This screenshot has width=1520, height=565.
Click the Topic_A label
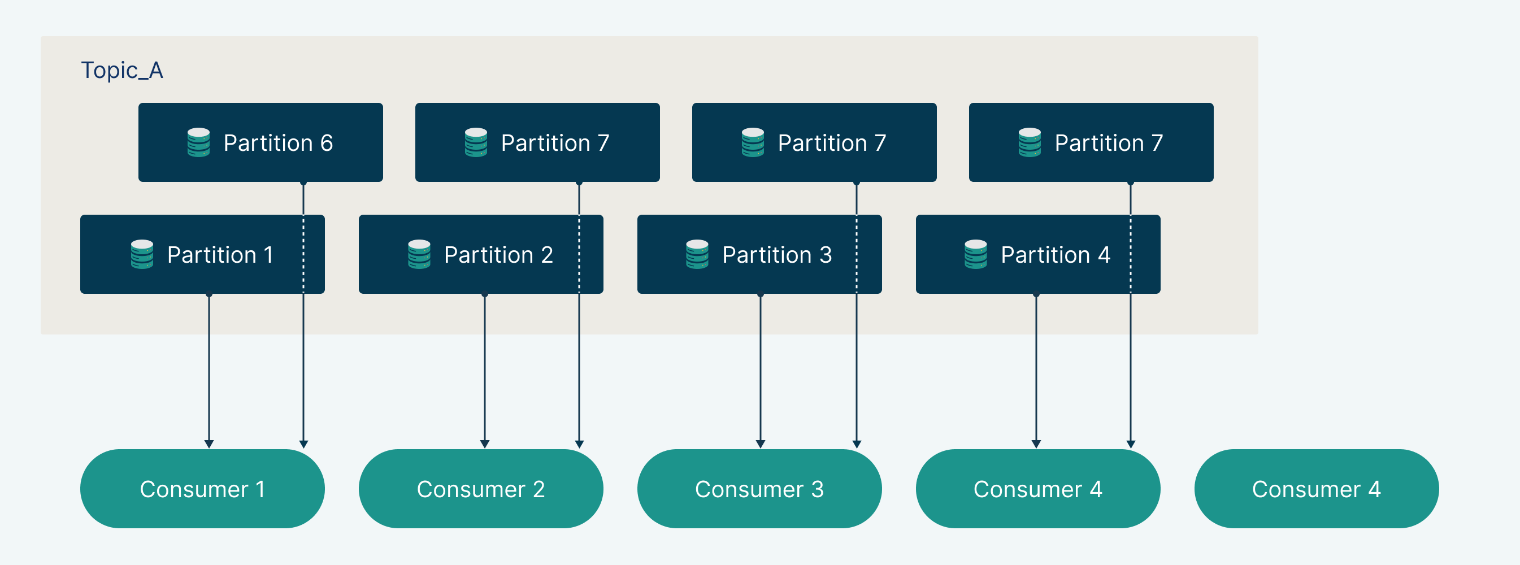[x=121, y=71]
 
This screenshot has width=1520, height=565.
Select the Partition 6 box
[x=260, y=142]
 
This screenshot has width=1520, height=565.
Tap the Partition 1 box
[x=202, y=254]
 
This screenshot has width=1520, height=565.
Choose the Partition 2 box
[x=481, y=254]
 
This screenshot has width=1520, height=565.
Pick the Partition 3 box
[x=759, y=254]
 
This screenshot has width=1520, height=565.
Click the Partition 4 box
[x=1038, y=254]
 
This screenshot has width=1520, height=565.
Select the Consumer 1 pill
[x=202, y=489]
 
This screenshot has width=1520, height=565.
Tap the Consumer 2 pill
[x=481, y=489]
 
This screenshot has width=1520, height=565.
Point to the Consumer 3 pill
[x=759, y=489]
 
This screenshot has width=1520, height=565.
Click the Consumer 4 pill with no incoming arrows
[x=1317, y=489]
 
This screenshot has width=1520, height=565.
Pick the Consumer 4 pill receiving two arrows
[x=1038, y=489]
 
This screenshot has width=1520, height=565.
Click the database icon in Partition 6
[x=199, y=142]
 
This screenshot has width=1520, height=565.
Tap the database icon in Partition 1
[x=142, y=254]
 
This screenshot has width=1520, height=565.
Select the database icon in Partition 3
[x=697, y=254]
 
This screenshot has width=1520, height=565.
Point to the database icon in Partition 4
[x=976, y=254]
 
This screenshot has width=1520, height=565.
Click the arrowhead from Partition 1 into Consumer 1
[x=209, y=444]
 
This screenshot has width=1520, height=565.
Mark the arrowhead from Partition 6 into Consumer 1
[x=303, y=444]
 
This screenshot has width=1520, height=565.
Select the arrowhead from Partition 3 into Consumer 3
[x=761, y=444]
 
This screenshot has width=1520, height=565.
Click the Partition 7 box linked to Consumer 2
[x=537, y=142]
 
